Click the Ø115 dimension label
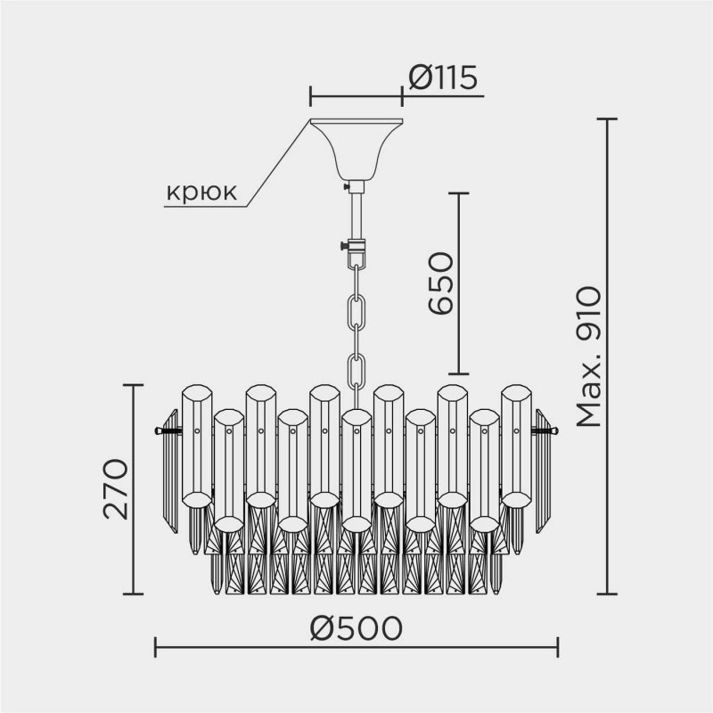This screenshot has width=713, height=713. click(x=444, y=78)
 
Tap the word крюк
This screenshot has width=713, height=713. click(x=201, y=193)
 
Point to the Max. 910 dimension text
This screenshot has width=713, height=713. click(x=589, y=356)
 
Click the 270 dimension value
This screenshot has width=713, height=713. click(x=117, y=489)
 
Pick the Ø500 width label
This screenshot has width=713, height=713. click(x=356, y=628)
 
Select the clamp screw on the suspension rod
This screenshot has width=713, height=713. click(x=344, y=246)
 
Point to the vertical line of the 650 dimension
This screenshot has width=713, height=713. click(x=458, y=283)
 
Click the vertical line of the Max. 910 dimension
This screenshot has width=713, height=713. click(x=608, y=356)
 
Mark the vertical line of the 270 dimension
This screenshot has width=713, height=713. click(x=134, y=489)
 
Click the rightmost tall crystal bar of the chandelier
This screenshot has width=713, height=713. click(x=515, y=446)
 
